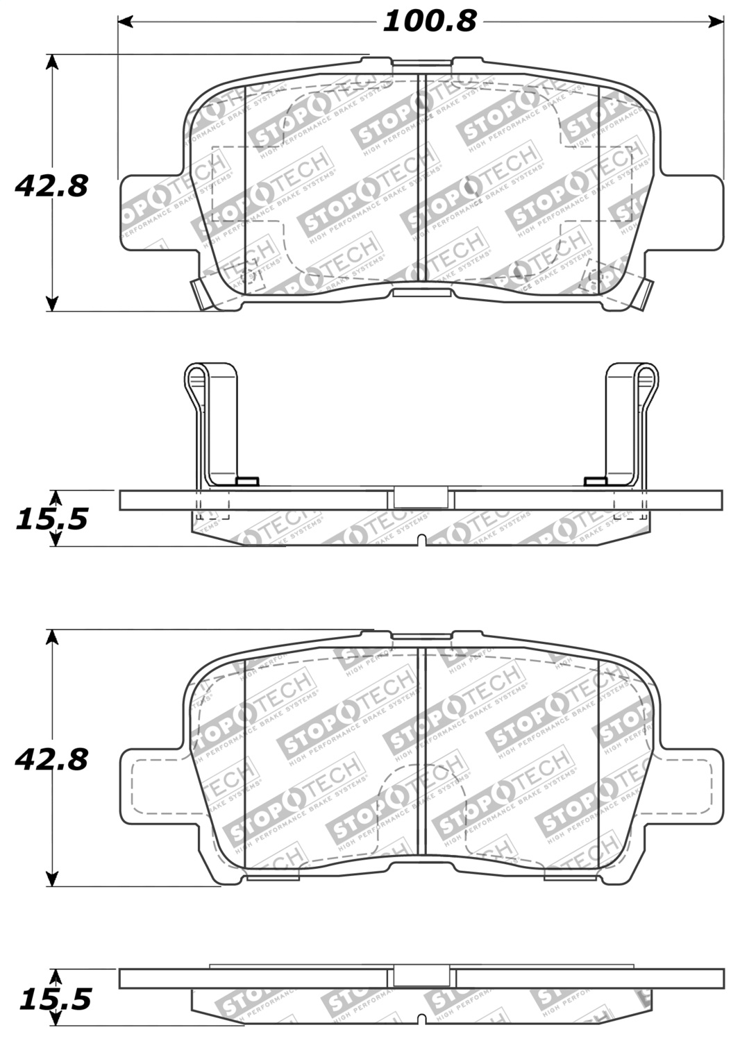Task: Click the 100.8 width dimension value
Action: [430, 22]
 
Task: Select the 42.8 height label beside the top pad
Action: [52, 186]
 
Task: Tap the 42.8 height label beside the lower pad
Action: [52, 759]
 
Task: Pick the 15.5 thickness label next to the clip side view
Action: [52, 518]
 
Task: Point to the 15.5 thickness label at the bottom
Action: [56, 999]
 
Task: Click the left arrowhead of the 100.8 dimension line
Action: [126, 22]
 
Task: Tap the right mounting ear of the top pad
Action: [691, 208]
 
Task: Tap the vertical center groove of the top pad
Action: [419, 177]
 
